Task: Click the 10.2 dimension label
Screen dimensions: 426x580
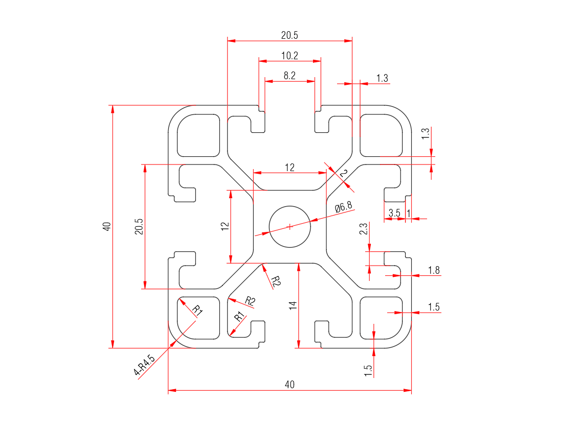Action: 289,55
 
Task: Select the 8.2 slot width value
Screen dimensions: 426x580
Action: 289,76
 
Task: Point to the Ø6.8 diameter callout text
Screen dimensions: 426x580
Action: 343,207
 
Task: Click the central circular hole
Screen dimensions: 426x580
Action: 290,227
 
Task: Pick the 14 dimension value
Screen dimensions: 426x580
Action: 293,305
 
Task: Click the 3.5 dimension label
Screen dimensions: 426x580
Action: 394,213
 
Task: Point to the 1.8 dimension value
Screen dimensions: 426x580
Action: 434,270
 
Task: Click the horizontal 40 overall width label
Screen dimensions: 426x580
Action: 289,385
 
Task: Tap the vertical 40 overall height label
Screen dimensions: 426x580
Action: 106,227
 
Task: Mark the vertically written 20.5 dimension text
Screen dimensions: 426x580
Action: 138,227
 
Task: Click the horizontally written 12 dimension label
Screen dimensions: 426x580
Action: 289,167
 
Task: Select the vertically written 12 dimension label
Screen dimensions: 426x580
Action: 225,227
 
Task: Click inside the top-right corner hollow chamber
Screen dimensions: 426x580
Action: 381,134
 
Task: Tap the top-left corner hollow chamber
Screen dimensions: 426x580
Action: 198,134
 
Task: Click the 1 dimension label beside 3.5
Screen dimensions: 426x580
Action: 408,213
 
